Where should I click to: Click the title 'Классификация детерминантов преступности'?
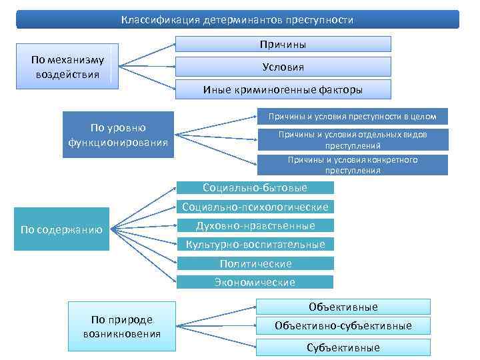pyautogui.click(x=237, y=20)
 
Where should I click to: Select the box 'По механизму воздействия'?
pyautogui.click(x=67, y=67)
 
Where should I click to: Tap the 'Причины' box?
pyautogui.click(x=283, y=45)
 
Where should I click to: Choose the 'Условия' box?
pyautogui.click(x=283, y=67)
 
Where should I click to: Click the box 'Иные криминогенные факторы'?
pyautogui.click(x=283, y=89)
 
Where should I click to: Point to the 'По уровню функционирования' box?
pyautogui.click(x=118, y=135)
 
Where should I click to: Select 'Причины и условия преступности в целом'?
pyautogui.click(x=352, y=117)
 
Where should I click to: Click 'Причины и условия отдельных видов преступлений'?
pyautogui.click(x=352, y=139)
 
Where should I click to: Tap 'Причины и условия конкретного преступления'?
pyautogui.click(x=352, y=165)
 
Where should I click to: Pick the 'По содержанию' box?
pyautogui.click(x=61, y=230)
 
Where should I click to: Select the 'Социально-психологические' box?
pyautogui.click(x=255, y=207)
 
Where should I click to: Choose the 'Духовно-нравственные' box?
pyautogui.click(x=255, y=225)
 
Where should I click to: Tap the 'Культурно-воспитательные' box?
pyautogui.click(x=255, y=245)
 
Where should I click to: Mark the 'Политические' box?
pyautogui.click(x=255, y=263)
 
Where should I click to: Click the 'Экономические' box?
pyautogui.click(x=255, y=282)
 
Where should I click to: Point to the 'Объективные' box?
pyautogui.click(x=343, y=307)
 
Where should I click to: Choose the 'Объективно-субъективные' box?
pyautogui.click(x=343, y=326)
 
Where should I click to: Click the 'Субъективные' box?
pyautogui.click(x=343, y=347)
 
